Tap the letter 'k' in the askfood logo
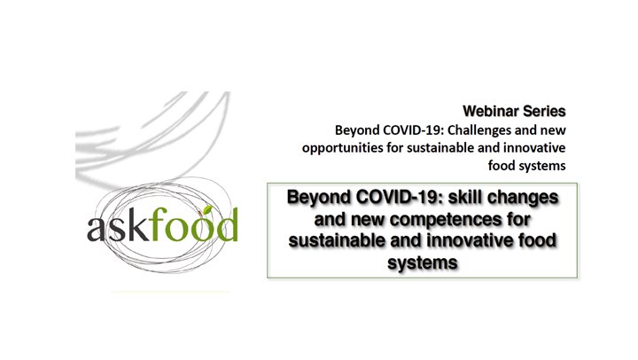pos(135,224)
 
